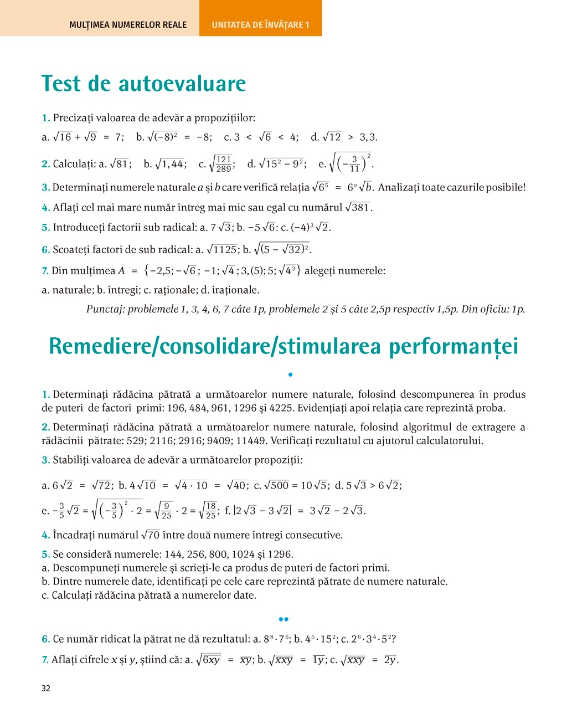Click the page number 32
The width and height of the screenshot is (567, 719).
(46, 688)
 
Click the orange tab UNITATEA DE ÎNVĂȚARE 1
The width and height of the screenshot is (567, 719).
(260, 25)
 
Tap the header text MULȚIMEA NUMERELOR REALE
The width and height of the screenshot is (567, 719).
(128, 25)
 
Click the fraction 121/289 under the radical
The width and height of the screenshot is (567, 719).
(224, 164)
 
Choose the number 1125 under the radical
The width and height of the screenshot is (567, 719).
(225, 250)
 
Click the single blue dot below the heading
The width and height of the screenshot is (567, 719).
(290, 374)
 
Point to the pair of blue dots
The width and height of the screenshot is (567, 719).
(283, 619)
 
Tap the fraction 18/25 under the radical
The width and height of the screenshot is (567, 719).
(210, 511)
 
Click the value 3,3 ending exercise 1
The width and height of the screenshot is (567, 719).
(368, 137)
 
